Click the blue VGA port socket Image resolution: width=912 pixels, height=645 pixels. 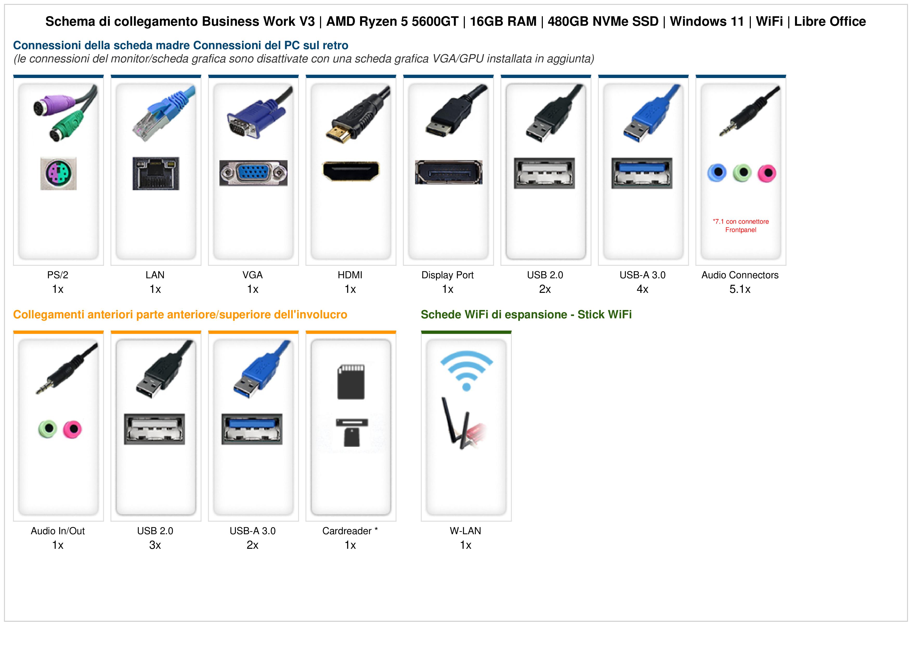[x=253, y=173]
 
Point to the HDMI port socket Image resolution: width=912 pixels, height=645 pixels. [x=351, y=171]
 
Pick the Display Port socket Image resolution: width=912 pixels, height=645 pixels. [x=449, y=172]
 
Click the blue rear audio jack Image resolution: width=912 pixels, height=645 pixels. [x=717, y=173]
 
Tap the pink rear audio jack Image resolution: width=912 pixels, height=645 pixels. [x=767, y=173]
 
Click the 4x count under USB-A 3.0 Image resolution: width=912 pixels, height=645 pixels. [x=642, y=289]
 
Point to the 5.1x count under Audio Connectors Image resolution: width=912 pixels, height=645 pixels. [x=740, y=289]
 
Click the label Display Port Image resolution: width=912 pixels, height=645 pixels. [x=448, y=275]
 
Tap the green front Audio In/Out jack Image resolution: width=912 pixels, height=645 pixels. [x=48, y=429]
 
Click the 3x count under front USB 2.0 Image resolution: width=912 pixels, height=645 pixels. [x=155, y=545]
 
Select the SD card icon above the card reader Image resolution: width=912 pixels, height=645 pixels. [x=351, y=382]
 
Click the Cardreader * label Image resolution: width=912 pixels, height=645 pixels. [x=350, y=531]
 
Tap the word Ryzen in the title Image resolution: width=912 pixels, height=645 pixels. [x=378, y=22]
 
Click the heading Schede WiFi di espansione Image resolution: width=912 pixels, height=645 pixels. [x=494, y=315]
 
